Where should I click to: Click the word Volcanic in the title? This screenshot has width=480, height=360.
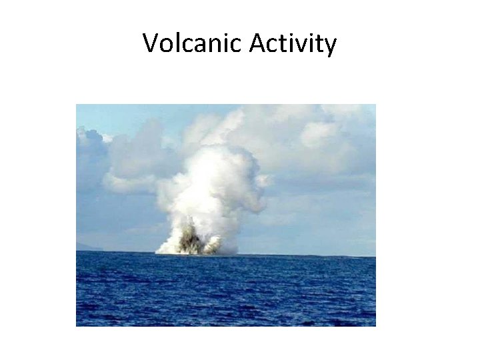pyautogui.click(x=193, y=44)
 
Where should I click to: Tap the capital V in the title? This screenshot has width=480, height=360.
pyautogui.click(x=151, y=44)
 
